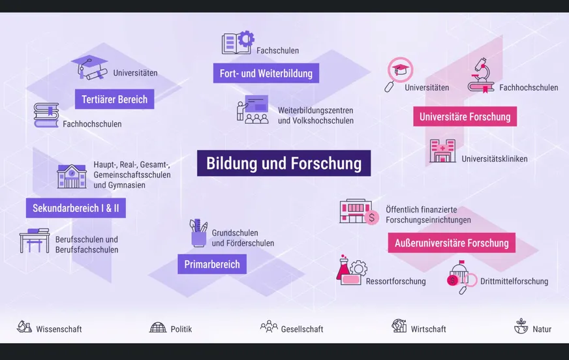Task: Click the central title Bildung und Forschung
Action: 284,163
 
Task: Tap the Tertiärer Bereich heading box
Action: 115,99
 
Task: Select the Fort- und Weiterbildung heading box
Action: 266,73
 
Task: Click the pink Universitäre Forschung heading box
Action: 465,116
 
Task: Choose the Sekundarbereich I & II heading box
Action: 76,208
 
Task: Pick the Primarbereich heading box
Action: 212,264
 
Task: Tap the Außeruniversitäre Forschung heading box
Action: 452,243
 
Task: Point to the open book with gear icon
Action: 238,43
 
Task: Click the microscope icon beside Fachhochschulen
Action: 481,76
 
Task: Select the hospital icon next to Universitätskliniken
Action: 442,151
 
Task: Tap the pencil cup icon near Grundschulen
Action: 198,233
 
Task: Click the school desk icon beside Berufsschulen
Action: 35,241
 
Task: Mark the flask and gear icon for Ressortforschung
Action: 351,271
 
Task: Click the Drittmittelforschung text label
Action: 514,281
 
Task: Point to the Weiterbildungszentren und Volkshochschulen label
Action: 316,115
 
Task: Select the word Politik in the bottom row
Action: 181,329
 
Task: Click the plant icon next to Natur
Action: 521,326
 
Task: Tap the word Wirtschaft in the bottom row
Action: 428,329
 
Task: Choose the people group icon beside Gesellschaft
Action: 269,326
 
